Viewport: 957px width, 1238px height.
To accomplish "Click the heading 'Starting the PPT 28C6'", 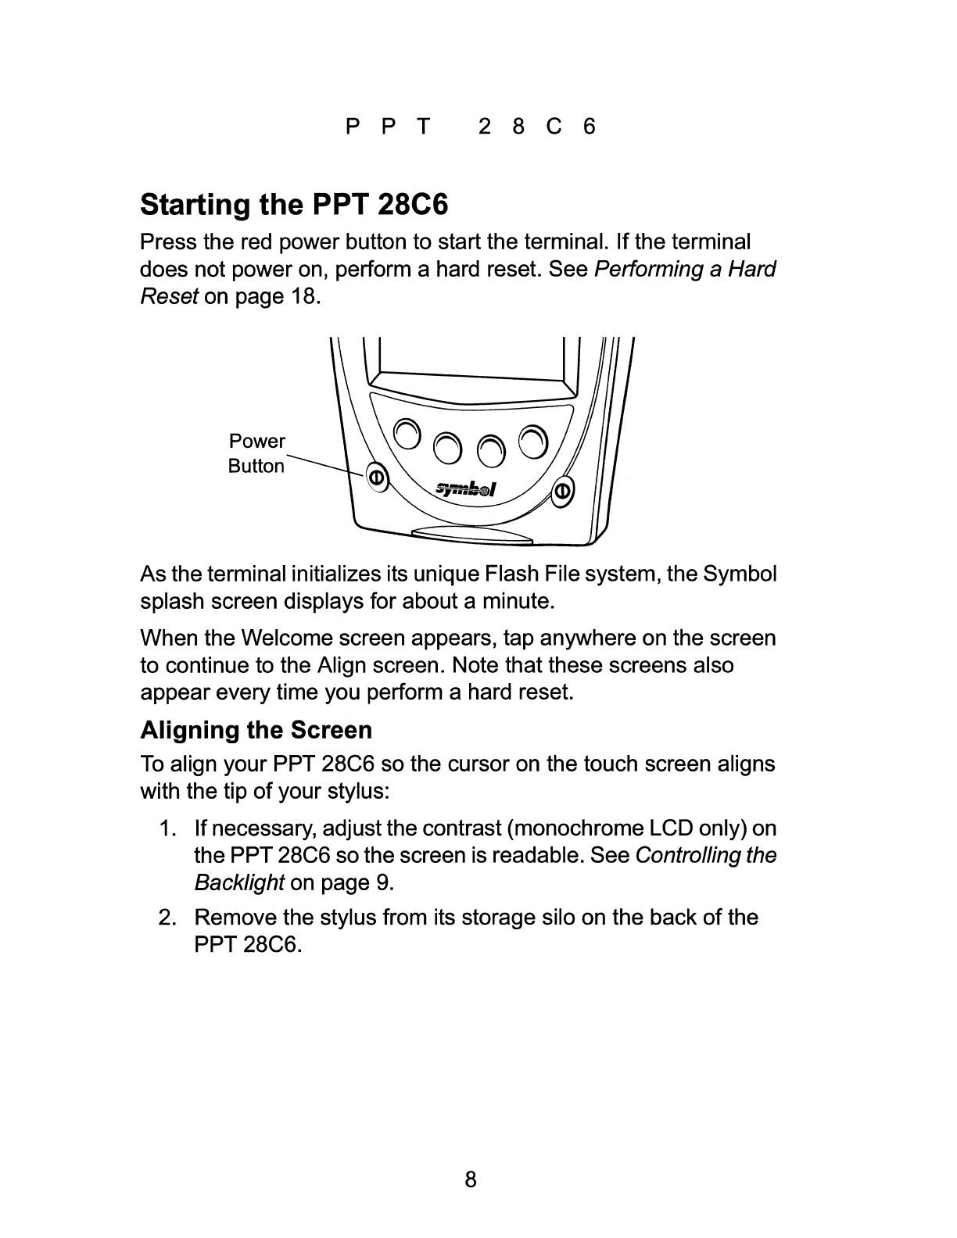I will [x=294, y=205].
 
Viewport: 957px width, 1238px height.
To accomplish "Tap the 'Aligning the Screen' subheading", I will [x=256, y=730].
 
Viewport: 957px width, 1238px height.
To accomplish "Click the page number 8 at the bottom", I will [x=471, y=1179].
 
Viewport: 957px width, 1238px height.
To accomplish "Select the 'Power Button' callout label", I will [x=256, y=453].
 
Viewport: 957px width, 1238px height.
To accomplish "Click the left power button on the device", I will [x=375, y=477].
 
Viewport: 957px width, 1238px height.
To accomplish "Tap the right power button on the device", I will [x=562, y=491].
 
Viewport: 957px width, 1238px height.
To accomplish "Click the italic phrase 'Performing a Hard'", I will [x=685, y=270].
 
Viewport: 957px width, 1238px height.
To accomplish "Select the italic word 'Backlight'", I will [x=238, y=883].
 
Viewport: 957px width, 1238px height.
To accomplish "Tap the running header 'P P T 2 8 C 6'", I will [x=471, y=127].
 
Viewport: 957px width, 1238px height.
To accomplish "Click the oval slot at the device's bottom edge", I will [x=473, y=535].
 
